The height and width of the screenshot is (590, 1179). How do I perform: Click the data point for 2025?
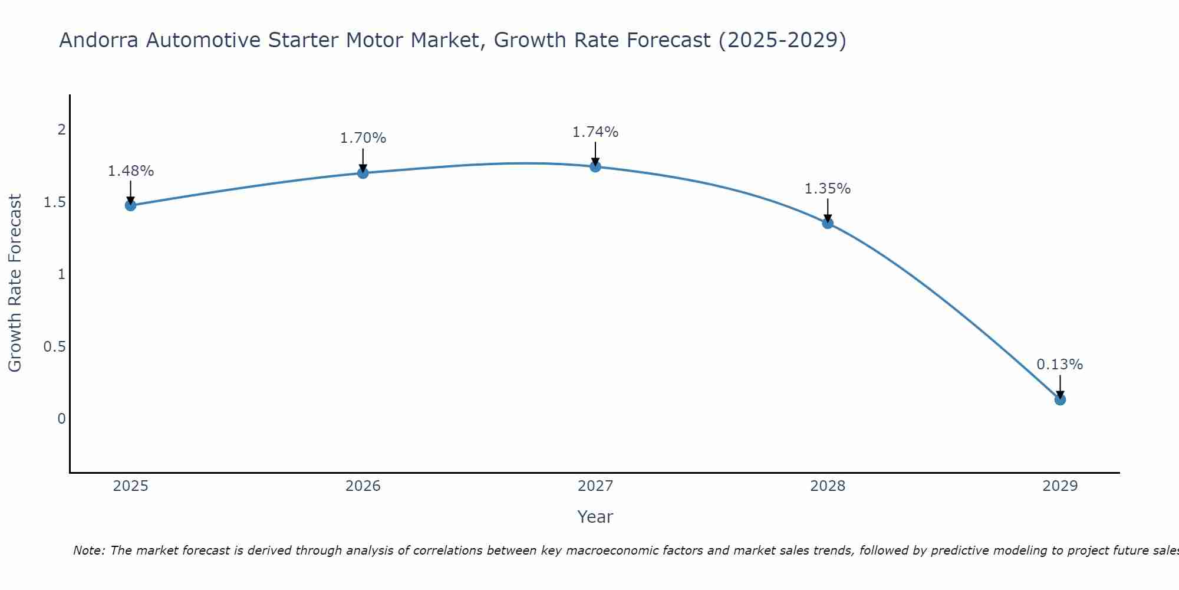(130, 205)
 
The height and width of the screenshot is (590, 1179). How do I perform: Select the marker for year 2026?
(363, 173)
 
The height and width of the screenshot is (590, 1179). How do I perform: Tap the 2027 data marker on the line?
(595, 167)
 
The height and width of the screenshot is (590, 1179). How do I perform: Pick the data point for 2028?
(828, 223)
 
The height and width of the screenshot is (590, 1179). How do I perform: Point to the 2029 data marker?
(1060, 399)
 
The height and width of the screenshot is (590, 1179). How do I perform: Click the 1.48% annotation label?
(130, 171)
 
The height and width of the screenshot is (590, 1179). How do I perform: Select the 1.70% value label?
(363, 138)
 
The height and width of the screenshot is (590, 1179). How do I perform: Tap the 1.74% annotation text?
(595, 132)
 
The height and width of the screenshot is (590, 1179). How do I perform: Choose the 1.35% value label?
(828, 189)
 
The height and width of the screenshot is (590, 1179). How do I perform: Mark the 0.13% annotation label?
(1060, 365)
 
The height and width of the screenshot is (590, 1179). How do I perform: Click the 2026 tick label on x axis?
(363, 486)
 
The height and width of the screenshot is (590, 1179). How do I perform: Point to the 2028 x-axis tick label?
(828, 486)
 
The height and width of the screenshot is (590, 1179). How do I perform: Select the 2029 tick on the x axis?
(1060, 486)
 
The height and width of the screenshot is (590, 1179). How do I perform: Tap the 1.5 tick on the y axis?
(54, 202)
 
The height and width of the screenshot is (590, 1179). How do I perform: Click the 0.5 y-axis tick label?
(54, 346)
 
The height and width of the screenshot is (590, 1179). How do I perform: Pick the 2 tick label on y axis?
(61, 130)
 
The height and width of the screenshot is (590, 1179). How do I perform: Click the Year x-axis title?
(595, 517)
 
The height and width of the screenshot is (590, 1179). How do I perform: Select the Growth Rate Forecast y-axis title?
(15, 283)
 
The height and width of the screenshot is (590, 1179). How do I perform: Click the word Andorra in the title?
(99, 40)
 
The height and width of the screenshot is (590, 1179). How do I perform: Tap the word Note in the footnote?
(88, 550)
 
